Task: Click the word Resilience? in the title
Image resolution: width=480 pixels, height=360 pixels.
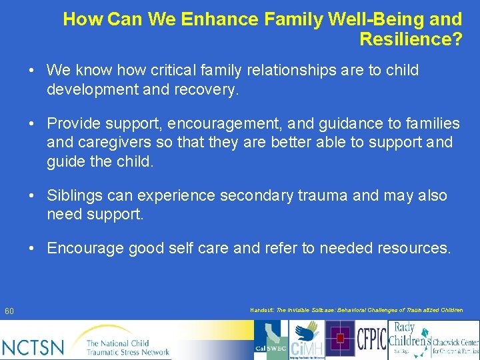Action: coord(410,39)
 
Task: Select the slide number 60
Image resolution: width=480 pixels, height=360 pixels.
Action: coord(9,311)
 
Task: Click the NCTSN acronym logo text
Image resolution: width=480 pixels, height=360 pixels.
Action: coord(33,347)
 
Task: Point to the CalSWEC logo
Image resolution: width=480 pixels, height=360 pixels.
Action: coord(271,339)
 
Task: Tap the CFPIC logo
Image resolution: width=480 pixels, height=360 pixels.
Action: coord(371,339)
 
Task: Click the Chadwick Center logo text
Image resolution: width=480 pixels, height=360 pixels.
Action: coord(455,344)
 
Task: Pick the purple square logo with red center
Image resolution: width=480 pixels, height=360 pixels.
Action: coord(340,339)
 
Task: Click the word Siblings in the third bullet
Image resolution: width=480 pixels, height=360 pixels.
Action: coord(73,196)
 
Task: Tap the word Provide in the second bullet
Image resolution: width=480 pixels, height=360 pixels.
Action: coord(71,124)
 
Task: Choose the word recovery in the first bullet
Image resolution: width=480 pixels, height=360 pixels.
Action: coord(206,89)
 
